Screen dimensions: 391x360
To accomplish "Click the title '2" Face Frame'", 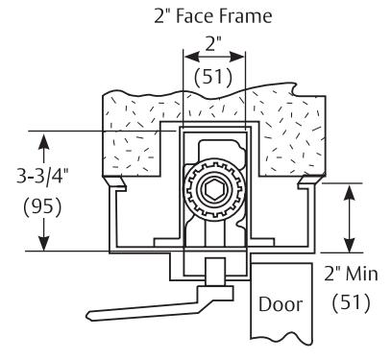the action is pos(213,16).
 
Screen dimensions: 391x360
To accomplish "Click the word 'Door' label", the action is pos(281,304).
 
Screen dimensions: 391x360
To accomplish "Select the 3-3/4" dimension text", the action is pos(42,177).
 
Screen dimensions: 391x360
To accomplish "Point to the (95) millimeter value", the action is pos(42,207).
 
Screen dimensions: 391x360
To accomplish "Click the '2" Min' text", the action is pos(352,275).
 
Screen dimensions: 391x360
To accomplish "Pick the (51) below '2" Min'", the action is pos(352,302).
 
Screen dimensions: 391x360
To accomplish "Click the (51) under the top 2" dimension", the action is pos(213,77).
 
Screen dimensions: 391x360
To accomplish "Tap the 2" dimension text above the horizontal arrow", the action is pos(213,44).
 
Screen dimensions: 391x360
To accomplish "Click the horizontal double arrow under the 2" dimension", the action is pos(214,58).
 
